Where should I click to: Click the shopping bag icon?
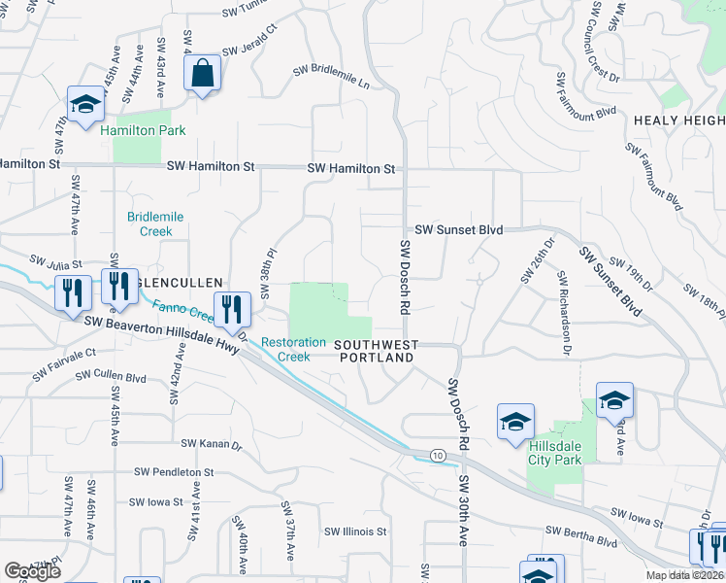tap(202, 74)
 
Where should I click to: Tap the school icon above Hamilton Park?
tap(85, 105)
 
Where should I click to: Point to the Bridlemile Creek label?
tap(149, 223)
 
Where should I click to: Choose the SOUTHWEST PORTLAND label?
tap(377, 351)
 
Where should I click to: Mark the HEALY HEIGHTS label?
tap(679, 120)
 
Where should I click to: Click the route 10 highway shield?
tap(438, 455)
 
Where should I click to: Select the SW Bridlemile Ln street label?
tap(333, 84)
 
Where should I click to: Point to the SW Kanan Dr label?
tap(211, 444)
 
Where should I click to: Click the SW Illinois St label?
tap(356, 532)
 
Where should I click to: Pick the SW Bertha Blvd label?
tap(581, 535)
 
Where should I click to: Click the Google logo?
tap(33, 571)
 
